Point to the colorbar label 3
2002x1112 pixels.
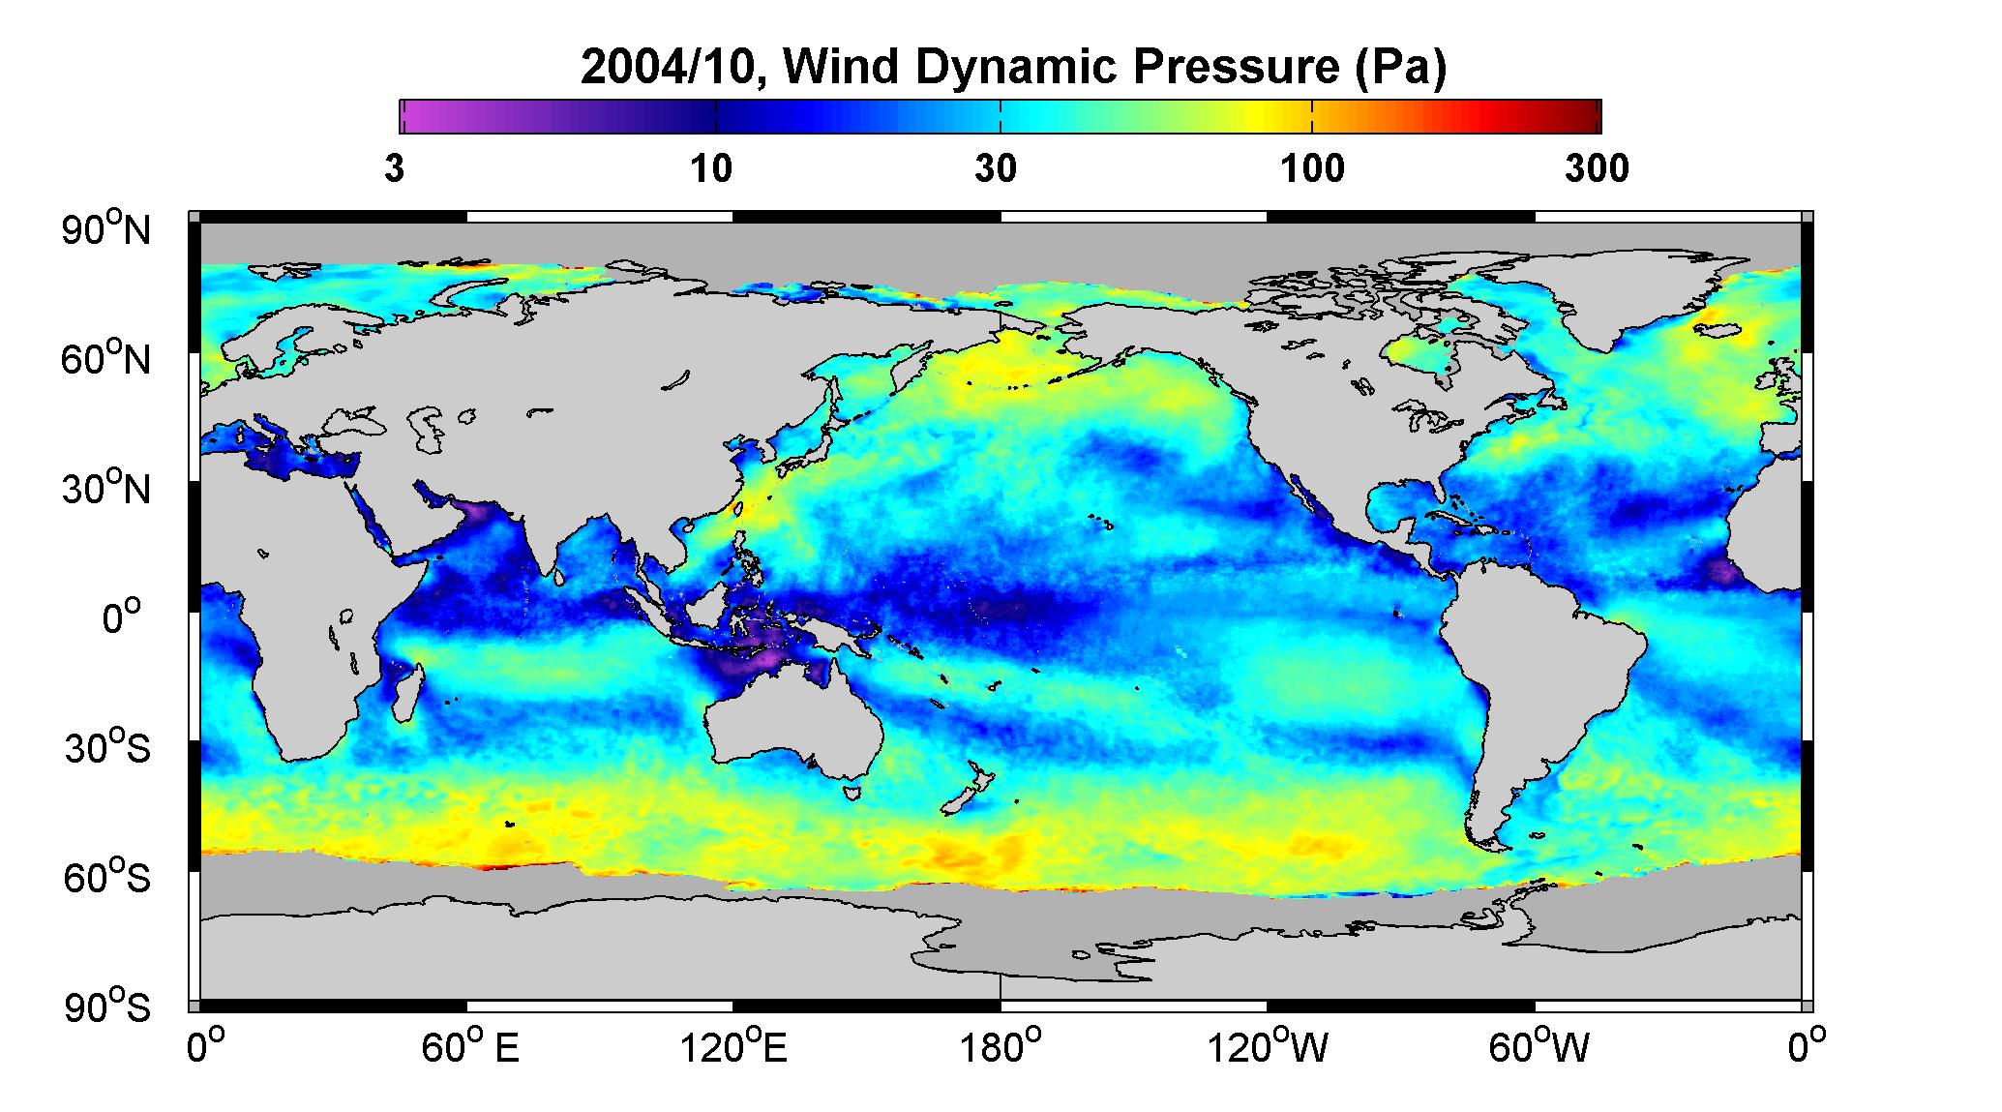[x=394, y=169]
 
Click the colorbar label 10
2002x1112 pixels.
[x=711, y=169]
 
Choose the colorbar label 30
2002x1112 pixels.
[x=996, y=169]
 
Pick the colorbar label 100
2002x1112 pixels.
[x=1312, y=169]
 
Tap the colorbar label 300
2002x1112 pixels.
[x=1597, y=169]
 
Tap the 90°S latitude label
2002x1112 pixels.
[x=107, y=1007]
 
